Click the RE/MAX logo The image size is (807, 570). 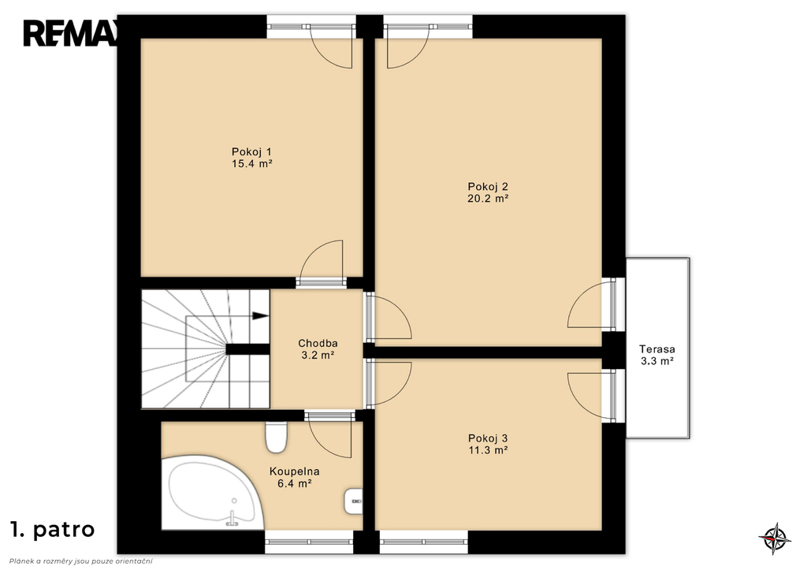point(70,33)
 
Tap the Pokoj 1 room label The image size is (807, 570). point(251,152)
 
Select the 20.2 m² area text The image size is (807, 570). point(488,198)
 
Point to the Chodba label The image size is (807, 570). point(318,344)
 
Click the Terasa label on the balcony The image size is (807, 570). point(656,349)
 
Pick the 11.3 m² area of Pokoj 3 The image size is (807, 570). point(488,450)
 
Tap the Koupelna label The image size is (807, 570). point(295,471)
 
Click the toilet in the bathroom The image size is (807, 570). point(277,437)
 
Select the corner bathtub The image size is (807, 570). point(213,492)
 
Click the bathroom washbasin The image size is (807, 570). point(353,501)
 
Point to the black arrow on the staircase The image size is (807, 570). point(260,315)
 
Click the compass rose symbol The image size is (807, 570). point(775,538)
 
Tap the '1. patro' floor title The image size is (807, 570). point(53,529)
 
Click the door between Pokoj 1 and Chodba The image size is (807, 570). point(322,263)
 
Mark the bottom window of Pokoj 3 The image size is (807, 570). point(424,542)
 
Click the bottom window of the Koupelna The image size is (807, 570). point(309,542)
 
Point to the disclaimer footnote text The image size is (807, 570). point(81,561)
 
